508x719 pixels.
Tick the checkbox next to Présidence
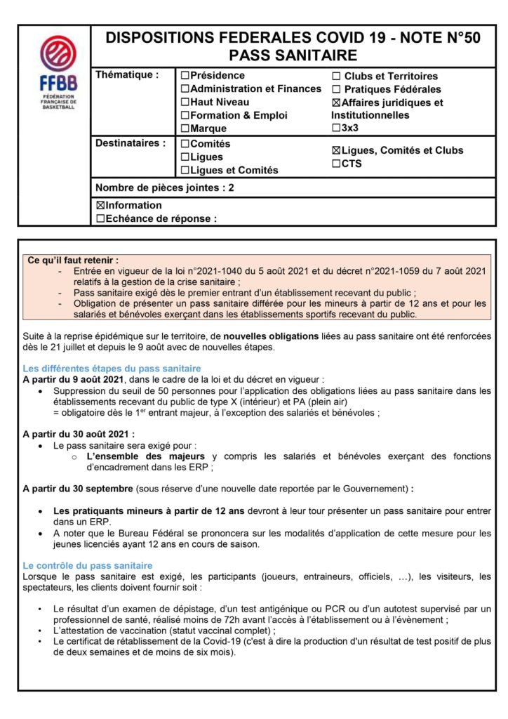(x=185, y=76)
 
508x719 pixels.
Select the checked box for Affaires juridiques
(x=336, y=103)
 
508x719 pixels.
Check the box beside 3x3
(x=336, y=128)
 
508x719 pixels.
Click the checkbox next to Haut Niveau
(x=185, y=103)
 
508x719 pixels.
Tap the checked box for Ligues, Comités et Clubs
(x=336, y=150)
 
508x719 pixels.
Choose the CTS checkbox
(x=336, y=164)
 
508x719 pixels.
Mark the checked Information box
(x=100, y=206)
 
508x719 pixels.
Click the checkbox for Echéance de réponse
(x=100, y=218)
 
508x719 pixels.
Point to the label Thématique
(x=126, y=74)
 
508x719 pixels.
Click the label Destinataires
(x=131, y=143)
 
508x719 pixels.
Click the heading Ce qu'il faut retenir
(x=73, y=260)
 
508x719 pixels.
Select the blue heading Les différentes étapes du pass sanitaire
(x=112, y=368)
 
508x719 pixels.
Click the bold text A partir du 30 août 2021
(x=79, y=433)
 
